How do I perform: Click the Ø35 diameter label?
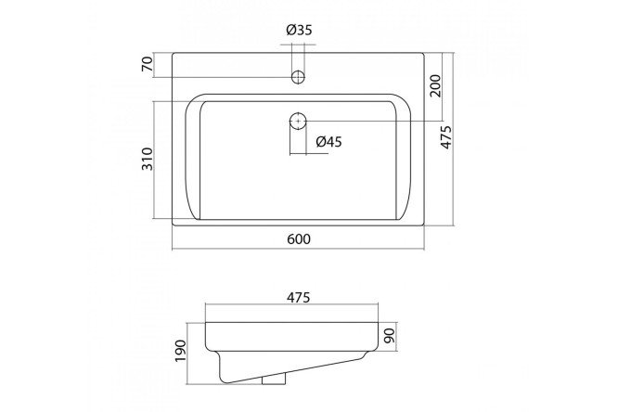(x=299, y=30)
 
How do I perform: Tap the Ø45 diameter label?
(x=329, y=142)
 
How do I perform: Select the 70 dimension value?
(x=147, y=64)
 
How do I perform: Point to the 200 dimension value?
(x=435, y=85)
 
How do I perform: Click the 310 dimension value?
(x=147, y=159)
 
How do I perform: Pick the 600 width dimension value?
(x=299, y=238)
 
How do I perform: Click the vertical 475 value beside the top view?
(x=446, y=137)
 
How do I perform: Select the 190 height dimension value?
(x=180, y=351)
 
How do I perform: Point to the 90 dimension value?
(x=389, y=336)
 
